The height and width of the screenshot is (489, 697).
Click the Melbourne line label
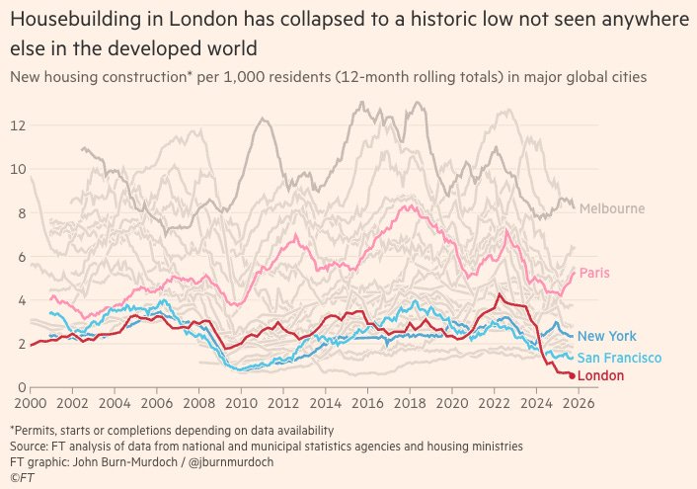(x=612, y=208)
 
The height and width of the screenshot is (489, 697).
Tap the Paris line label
(x=593, y=273)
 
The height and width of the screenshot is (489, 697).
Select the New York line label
(x=605, y=337)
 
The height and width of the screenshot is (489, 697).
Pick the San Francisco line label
(x=619, y=358)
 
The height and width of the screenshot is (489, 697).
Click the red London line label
(x=600, y=376)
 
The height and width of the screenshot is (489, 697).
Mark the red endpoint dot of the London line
(x=572, y=375)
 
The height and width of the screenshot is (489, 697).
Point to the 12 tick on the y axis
(x=17, y=125)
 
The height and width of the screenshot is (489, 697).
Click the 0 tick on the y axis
(x=21, y=386)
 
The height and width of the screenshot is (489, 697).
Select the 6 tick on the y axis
(x=21, y=256)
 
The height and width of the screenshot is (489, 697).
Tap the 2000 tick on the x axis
(x=31, y=403)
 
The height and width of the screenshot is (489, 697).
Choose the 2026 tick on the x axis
(x=579, y=403)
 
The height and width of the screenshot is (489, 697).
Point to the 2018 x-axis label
(x=410, y=403)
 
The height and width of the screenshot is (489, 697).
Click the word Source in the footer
(x=28, y=446)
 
